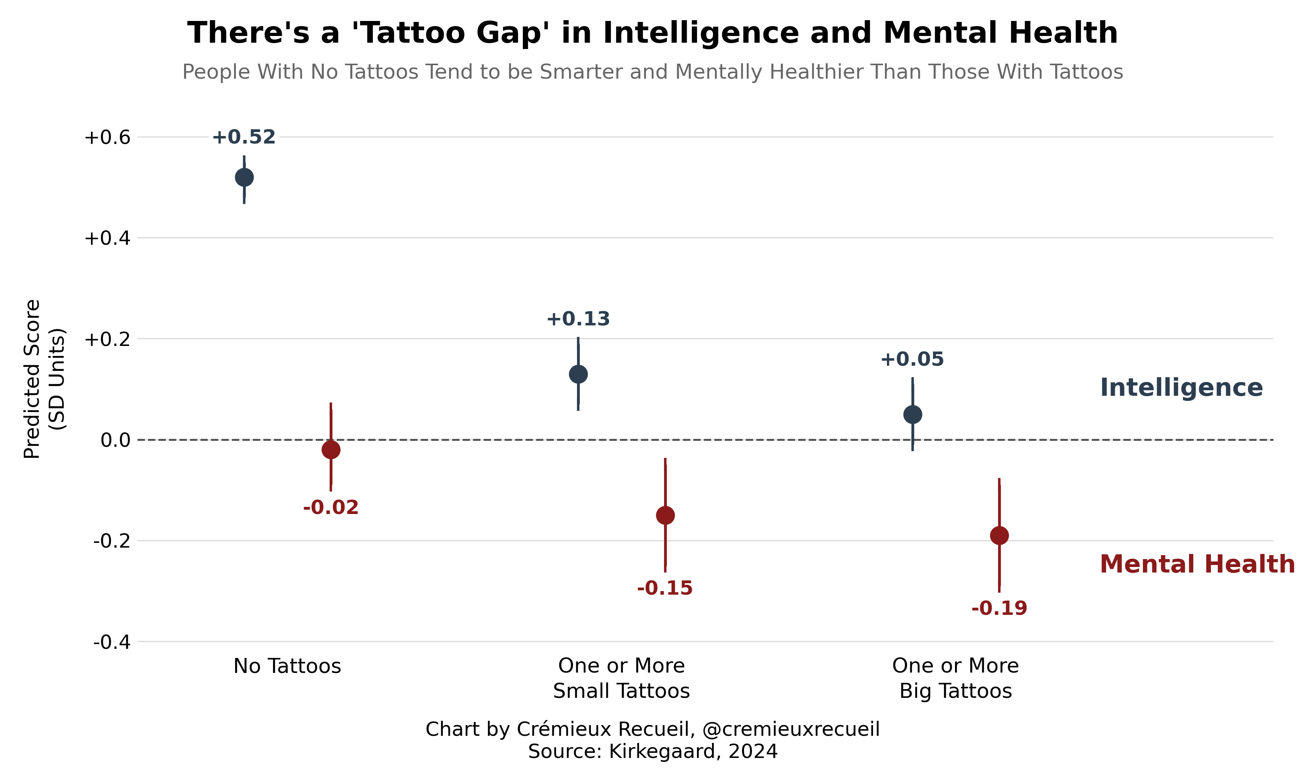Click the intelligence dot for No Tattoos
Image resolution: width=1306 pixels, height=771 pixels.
pos(244,178)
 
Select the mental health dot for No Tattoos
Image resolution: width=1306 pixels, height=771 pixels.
pos(331,450)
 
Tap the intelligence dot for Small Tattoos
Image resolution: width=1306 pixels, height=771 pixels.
pos(579,374)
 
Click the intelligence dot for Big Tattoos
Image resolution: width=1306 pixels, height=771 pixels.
pos(913,415)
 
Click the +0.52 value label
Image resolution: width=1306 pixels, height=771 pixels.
pos(244,137)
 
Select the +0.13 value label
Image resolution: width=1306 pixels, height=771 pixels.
pos(578,319)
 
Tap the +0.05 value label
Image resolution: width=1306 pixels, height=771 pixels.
pos(913,359)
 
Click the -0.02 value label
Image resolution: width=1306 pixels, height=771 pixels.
pos(331,508)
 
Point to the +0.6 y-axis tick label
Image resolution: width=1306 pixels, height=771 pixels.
pos(107,138)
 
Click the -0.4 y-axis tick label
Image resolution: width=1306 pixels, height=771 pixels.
pos(112,642)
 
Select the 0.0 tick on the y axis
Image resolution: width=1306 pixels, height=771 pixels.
pos(116,440)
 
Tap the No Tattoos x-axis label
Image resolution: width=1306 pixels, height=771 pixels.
pos(287,666)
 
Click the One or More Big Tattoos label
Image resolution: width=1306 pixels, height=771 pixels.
pos(956,678)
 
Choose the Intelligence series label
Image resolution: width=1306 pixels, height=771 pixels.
pos(1182,388)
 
